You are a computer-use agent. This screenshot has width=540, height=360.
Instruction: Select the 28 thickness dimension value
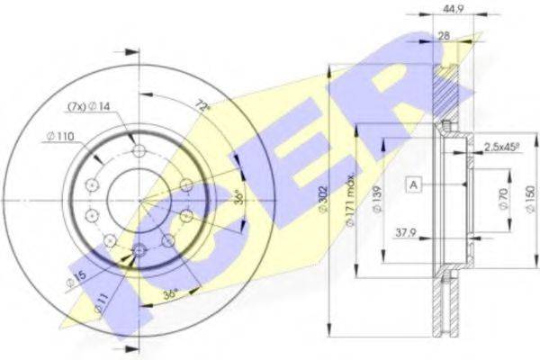click(445, 36)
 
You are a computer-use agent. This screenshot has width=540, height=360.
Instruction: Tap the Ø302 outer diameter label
click(323, 200)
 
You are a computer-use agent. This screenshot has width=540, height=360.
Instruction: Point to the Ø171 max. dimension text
click(351, 201)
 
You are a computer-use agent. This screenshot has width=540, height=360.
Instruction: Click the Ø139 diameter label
click(376, 200)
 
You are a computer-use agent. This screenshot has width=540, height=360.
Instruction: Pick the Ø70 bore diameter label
click(503, 199)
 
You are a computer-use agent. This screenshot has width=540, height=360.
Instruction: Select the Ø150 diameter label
click(531, 199)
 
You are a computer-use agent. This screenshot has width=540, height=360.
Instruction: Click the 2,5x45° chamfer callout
click(502, 147)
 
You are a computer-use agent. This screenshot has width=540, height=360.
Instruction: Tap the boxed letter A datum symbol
click(414, 185)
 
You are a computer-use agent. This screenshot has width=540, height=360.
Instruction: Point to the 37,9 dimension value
click(405, 233)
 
